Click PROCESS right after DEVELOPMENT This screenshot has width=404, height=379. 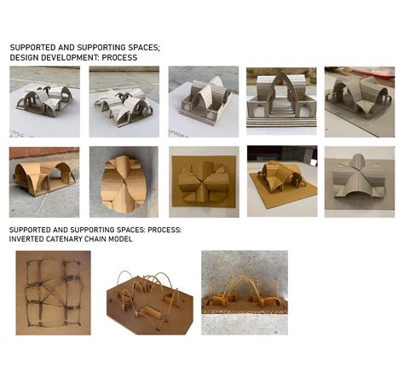pyautogui.click(x=118, y=57)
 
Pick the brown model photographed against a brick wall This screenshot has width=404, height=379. pyautogui.click(x=43, y=179)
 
